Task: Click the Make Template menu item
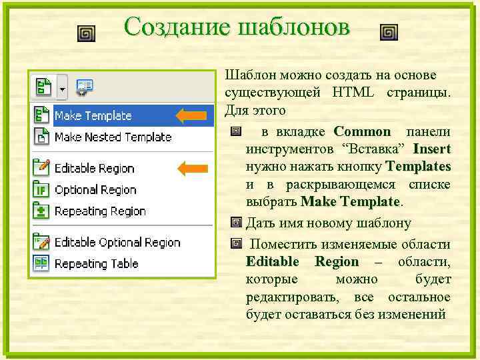[93, 116]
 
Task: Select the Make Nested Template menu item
[113, 137]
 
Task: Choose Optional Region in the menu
[95, 190]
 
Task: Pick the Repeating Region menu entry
[100, 211]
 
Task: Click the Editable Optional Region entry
[117, 243]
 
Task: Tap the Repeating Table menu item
[96, 264]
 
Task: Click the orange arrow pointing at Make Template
[191, 116]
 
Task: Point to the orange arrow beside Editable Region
[191, 168]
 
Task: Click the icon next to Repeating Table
[41, 263]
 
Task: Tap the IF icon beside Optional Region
[41, 190]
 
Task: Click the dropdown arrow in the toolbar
[63, 87]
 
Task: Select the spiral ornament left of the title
[86, 33]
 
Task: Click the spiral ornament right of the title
[389, 33]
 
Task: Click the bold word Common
[362, 131]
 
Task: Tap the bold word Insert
[431, 149]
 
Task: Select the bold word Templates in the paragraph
[417, 166]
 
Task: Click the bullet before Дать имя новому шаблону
[235, 223]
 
